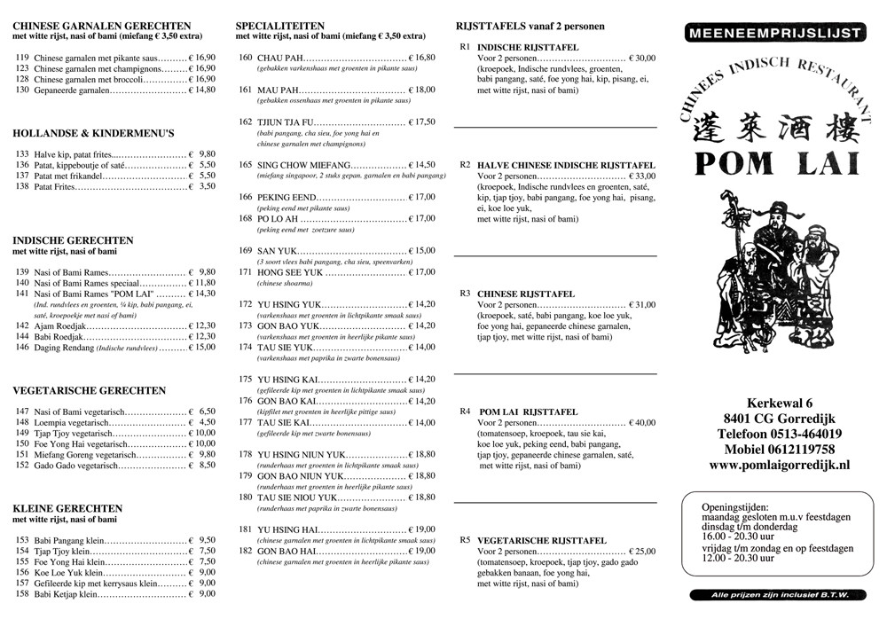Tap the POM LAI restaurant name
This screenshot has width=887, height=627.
click(x=773, y=165)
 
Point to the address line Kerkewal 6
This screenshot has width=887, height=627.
click(x=773, y=404)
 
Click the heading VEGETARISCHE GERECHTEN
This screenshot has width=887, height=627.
click(x=90, y=390)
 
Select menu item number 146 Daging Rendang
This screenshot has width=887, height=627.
click(x=23, y=348)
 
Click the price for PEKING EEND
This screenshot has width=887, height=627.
click(x=421, y=197)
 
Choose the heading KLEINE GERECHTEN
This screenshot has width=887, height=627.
click(x=68, y=508)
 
